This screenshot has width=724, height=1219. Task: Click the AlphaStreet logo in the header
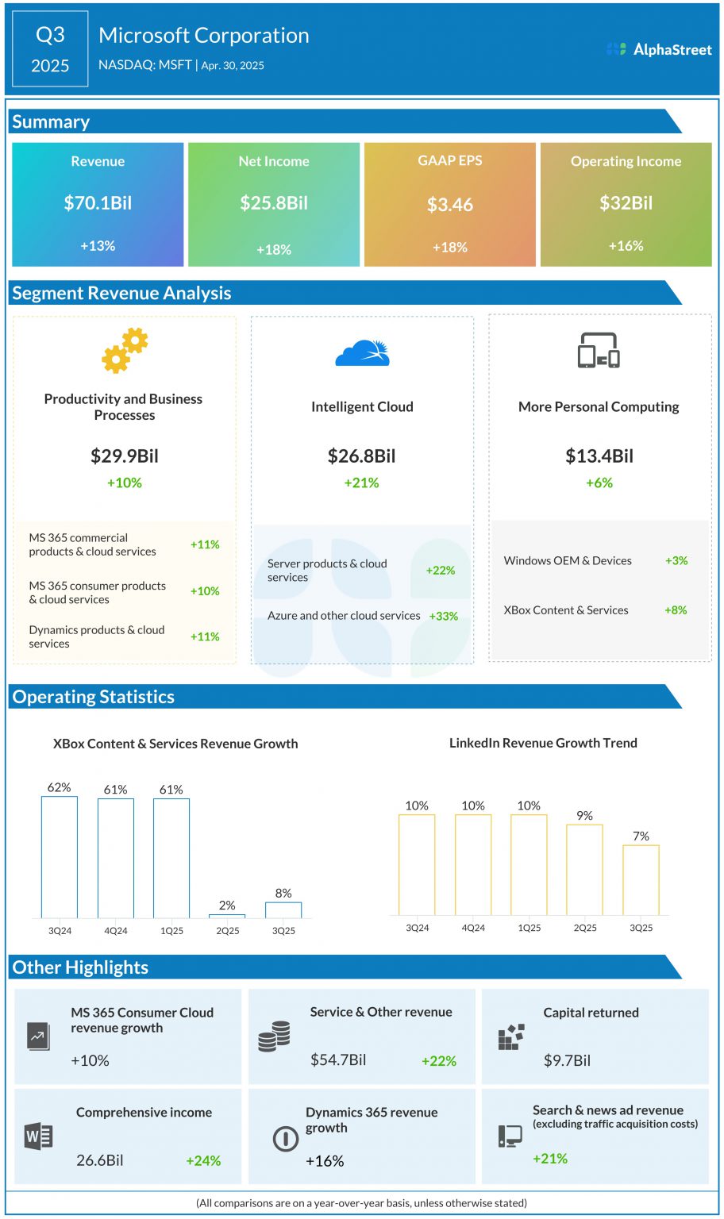click(x=659, y=49)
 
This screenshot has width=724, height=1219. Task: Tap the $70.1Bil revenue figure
click(x=98, y=203)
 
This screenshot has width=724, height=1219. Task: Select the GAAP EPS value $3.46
click(x=449, y=205)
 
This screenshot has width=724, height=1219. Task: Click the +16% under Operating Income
click(x=626, y=246)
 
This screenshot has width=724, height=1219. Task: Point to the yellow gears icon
click(x=125, y=351)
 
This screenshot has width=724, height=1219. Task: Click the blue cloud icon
click(x=362, y=352)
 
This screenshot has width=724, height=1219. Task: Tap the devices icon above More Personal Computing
click(x=599, y=351)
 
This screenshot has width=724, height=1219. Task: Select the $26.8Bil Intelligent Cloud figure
click(x=361, y=456)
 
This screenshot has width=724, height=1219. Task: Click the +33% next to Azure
click(x=443, y=616)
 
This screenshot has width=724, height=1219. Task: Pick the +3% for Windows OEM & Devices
click(x=676, y=560)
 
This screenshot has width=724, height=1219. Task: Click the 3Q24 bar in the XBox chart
click(x=60, y=857)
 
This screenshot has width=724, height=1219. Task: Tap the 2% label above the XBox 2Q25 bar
click(x=227, y=905)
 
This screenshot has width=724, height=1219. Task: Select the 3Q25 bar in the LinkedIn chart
click(x=641, y=880)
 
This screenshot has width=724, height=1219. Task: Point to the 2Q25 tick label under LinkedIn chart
click(x=585, y=928)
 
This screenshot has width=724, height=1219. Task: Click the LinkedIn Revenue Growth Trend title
click(x=543, y=743)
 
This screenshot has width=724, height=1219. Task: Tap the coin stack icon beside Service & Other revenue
click(x=274, y=1036)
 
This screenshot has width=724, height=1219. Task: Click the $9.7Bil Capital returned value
click(x=567, y=1060)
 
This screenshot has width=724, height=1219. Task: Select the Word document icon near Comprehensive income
click(x=38, y=1136)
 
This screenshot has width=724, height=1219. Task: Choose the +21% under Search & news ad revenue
click(x=550, y=1159)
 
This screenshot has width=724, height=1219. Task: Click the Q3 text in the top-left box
click(x=50, y=35)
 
